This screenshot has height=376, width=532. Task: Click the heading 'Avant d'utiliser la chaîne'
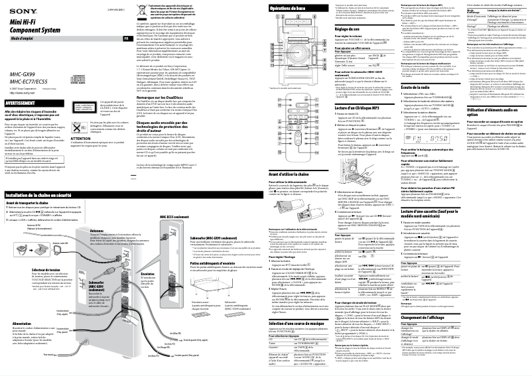point(296,155)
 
